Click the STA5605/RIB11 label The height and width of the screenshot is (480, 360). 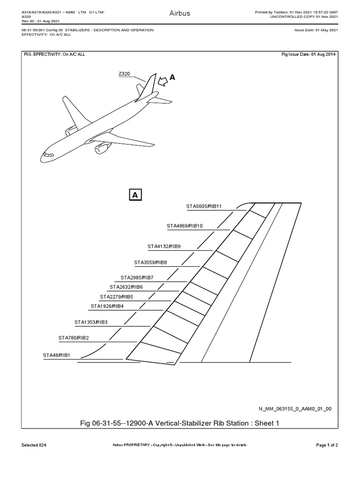pyautogui.click(x=204, y=206)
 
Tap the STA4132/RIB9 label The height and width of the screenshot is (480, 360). pyautogui.click(x=164, y=246)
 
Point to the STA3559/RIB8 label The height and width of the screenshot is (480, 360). pyautogui.click(x=150, y=262)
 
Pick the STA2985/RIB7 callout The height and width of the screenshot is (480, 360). pyautogui.click(x=137, y=277)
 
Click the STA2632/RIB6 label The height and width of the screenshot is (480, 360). pyautogui.click(x=126, y=287)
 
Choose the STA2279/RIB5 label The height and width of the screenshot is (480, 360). pyautogui.click(x=116, y=297)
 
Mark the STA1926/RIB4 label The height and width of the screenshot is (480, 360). pyautogui.click(x=107, y=307)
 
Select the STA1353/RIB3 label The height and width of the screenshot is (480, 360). pyautogui.click(x=91, y=322)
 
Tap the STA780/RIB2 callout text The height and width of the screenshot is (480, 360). pyautogui.click(x=74, y=338)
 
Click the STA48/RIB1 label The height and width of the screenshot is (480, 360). pyautogui.click(x=57, y=356)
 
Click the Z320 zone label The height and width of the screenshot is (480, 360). pyautogui.click(x=125, y=74)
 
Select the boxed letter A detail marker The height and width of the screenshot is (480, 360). pyautogui.click(x=135, y=195)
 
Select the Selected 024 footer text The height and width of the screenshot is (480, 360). pyautogui.click(x=34, y=445)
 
